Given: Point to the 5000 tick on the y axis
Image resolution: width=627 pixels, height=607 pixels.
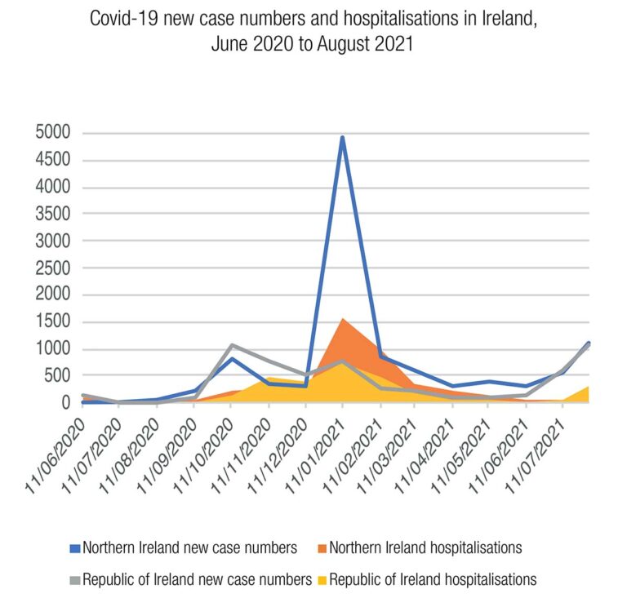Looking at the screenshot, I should pos(51,133).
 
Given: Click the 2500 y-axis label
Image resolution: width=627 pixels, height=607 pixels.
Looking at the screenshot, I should pos(51,268).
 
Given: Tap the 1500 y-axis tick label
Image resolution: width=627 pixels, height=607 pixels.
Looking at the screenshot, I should pos(51,322).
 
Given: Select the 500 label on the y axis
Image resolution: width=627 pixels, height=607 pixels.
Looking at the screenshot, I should pos(56,376).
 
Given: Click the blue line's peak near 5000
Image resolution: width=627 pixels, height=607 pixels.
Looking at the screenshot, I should pos(343,138).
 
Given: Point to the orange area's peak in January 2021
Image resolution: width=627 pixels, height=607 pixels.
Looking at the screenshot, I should pos(343,319).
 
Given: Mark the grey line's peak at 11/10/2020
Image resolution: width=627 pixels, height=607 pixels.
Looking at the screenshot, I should pos(232,345).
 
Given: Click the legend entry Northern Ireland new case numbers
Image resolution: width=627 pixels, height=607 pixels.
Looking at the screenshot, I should pos(189,547).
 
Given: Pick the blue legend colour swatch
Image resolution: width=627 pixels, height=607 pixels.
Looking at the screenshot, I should pos(75,547).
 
